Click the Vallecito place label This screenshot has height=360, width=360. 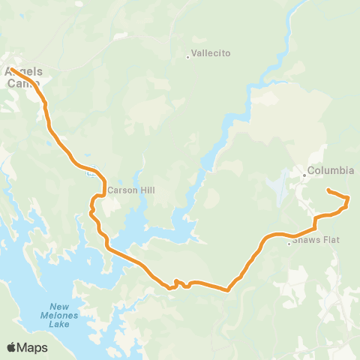tap(211, 53)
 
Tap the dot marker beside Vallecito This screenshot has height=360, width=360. tap(187, 55)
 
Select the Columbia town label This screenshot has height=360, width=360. tap(331, 170)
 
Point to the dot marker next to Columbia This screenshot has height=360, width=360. tap(304, 175)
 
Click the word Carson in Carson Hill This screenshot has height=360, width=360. tap(121, 190)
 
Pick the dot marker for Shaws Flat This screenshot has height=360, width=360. tap(289, 243)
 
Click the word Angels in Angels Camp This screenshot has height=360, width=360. tap(23, 72)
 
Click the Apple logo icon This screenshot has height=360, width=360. tap(12, 347)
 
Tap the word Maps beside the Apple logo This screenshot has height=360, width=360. tap(33, 347)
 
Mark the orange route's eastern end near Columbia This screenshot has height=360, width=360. tap(328, 192)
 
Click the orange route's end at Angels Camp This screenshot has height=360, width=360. tap(12, 70)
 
